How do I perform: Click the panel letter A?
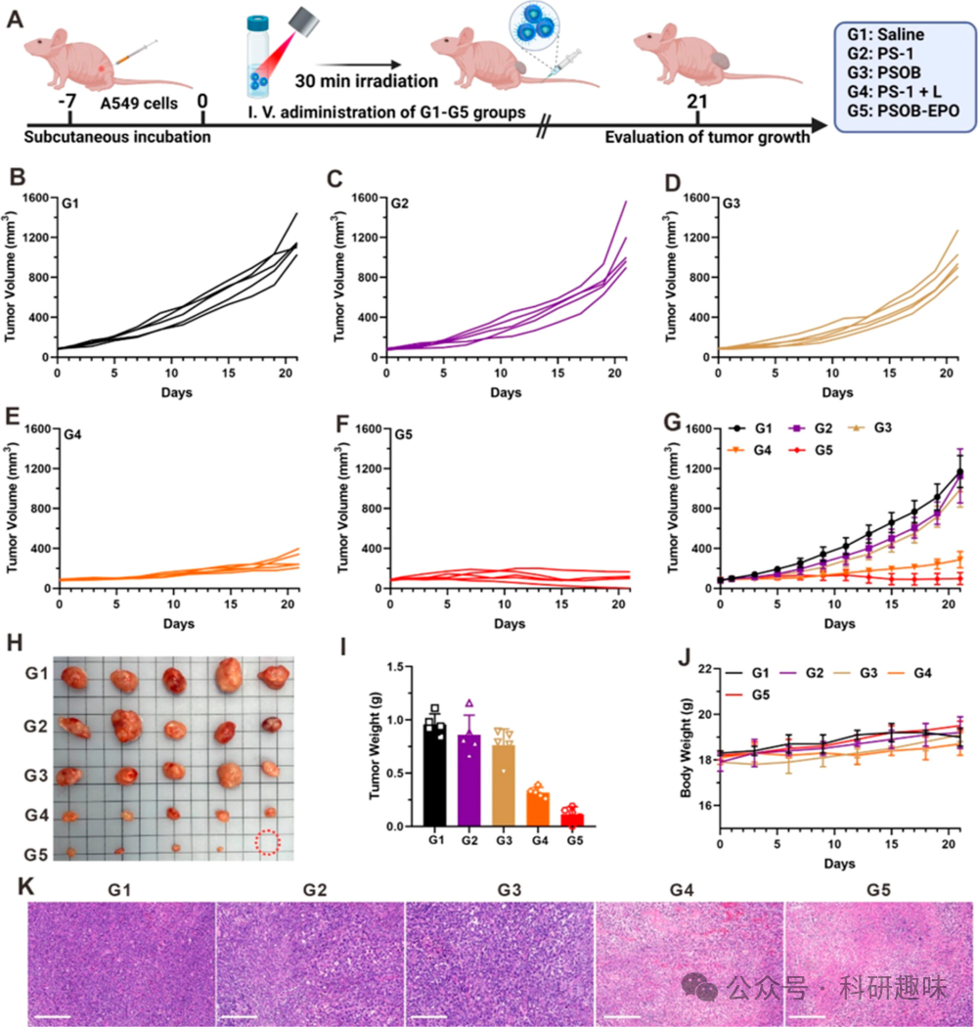pos(16,18)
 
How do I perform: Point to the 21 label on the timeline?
pos(697,100)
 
